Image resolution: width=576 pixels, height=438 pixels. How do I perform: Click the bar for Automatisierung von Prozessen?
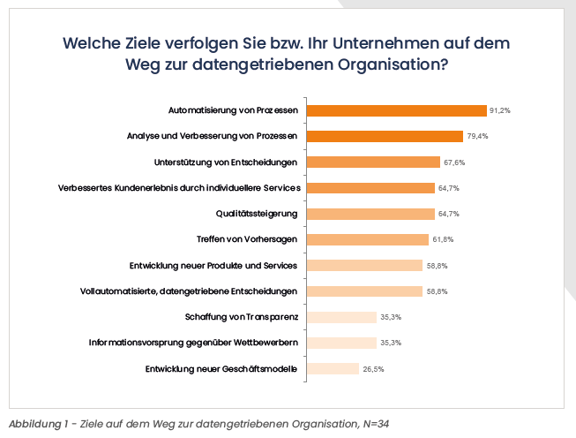396,111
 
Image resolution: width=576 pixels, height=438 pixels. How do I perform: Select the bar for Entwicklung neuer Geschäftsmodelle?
333,368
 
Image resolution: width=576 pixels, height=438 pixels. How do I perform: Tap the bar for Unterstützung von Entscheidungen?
373,162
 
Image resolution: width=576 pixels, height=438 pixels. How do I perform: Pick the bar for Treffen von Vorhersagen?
367,239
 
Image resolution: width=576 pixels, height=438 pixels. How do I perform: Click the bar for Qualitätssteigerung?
370,214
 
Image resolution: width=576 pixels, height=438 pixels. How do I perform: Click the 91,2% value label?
501,111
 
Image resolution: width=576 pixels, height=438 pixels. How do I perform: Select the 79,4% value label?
477,137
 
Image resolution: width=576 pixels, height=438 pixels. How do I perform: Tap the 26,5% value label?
373,369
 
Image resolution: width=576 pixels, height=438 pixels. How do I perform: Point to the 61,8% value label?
443,240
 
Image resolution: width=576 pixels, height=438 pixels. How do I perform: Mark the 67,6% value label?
454,162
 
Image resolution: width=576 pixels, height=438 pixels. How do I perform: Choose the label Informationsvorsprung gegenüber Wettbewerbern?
193,343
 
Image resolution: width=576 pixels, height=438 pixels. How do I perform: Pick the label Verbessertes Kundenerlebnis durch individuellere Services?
179,188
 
